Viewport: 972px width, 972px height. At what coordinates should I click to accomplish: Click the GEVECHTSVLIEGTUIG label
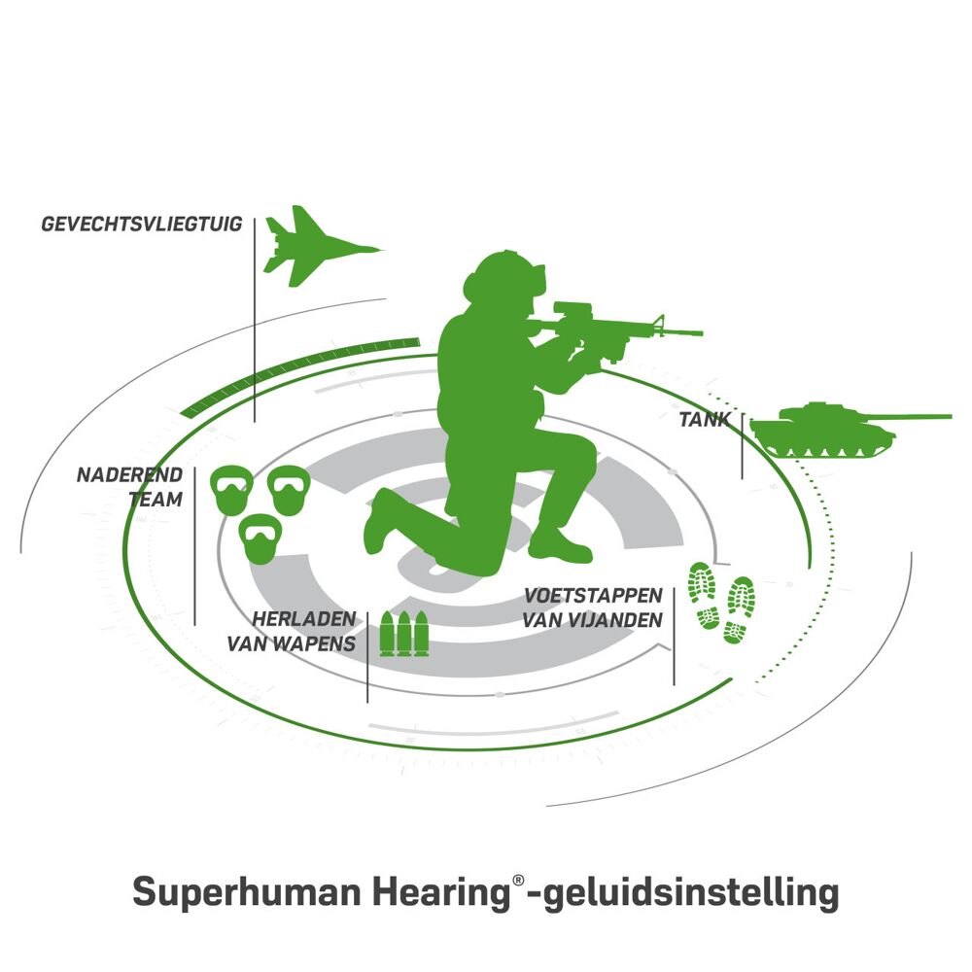pos(142,224)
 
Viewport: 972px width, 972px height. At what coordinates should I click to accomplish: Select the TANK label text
pos(705,420)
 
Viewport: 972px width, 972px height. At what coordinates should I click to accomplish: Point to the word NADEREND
pos(129,475)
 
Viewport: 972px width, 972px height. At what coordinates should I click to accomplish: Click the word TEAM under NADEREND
pos(156,499)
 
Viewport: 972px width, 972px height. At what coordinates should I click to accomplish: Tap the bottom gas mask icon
pos(260,538)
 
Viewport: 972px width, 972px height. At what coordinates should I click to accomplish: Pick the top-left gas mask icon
pos(232,490)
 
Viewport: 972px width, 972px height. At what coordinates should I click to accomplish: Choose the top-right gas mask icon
pos(289,490)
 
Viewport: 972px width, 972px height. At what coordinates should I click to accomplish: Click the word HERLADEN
pos(303,618)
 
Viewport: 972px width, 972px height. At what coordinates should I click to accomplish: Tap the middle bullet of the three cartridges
pos(404,634)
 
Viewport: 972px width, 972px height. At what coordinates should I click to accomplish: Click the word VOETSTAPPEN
pos(593,596)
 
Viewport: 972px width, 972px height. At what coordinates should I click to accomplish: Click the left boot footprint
pos(704,596)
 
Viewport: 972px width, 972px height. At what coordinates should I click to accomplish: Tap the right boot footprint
pos(739,610)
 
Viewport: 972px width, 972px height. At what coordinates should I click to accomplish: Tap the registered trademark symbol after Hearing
pos(518,881)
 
